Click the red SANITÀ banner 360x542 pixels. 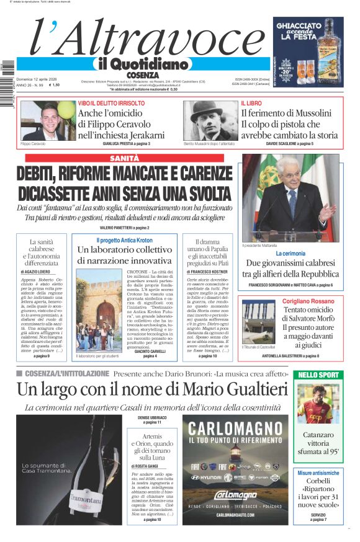[x=124, y=159]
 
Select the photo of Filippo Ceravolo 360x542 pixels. [x=41, y=121]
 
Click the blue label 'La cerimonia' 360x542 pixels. [x=290, y=254]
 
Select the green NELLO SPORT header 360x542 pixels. [x=318, y=375]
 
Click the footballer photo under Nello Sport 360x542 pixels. [x=318, y=403]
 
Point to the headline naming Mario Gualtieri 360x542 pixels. [x=152, y=389]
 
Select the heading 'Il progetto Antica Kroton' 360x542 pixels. [x=124, y=240]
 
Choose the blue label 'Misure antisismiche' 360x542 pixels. [x=318, y=473]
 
